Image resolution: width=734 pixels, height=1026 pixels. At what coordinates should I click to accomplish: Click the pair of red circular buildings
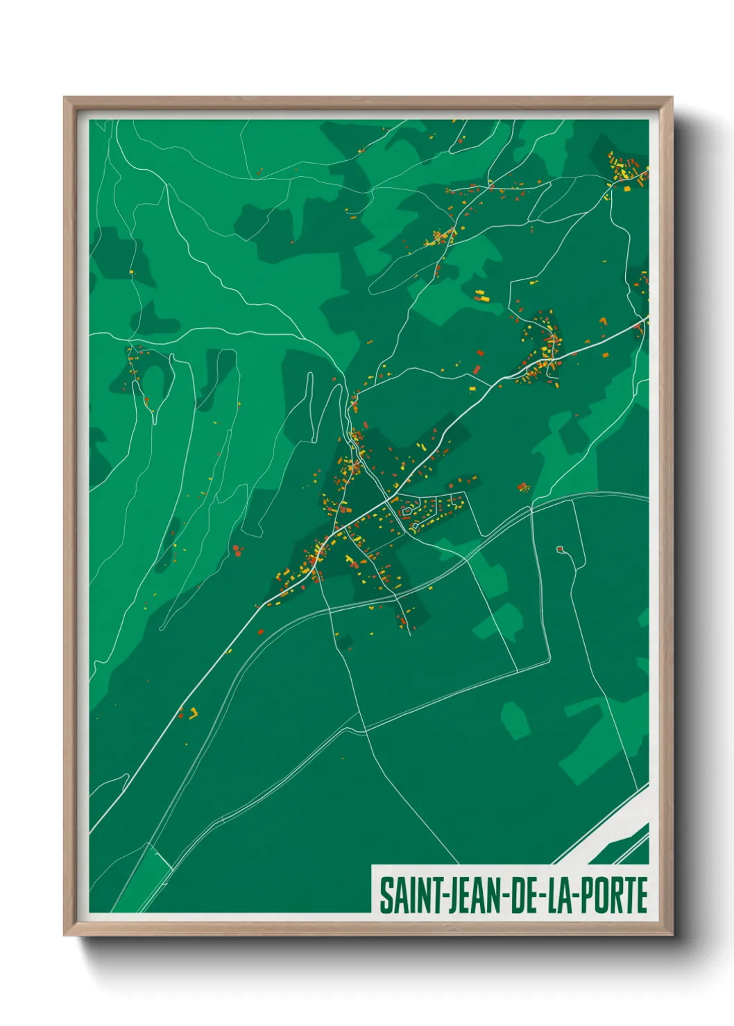tap(237, 550)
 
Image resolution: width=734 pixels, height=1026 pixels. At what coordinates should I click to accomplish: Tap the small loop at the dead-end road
tap(560, 550)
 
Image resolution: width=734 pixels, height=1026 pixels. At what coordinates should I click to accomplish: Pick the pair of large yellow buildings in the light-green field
tap(481, 296)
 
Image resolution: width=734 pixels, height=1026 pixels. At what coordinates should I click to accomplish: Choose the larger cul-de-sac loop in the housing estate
tap(407, 512)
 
